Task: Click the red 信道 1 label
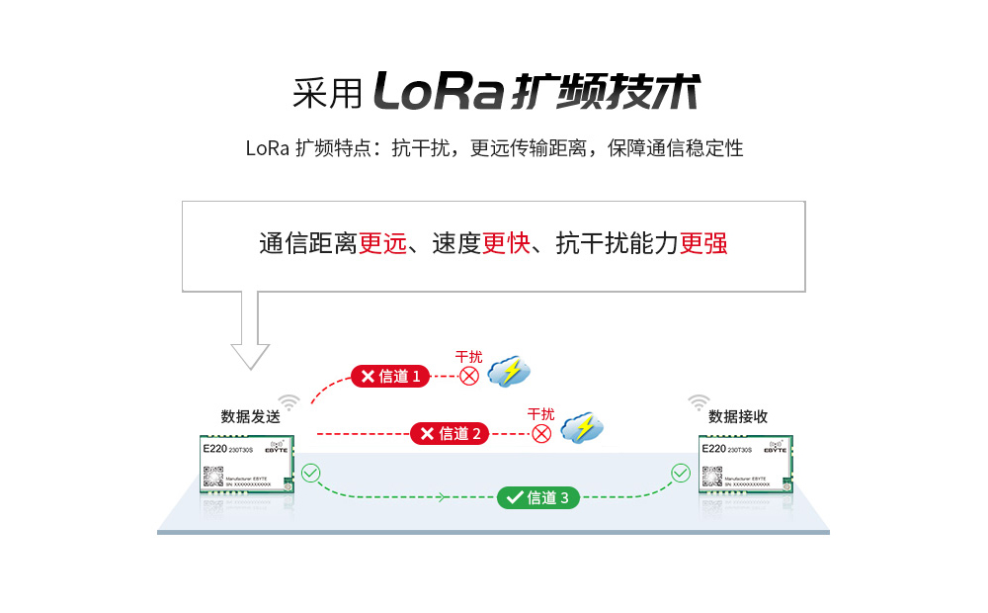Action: click(x=390, y=376)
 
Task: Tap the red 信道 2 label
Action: click(x=450, y=433)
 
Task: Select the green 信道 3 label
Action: click(x=537, y=498)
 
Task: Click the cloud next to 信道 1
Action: click(x=510, y=371)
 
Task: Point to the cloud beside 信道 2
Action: click(x=582, y=428)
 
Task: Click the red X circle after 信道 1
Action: click(x=469, y=376)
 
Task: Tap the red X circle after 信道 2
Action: click(x=541, y=433)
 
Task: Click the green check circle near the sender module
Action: click(x=311, y=474)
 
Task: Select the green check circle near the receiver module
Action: click(x=681, y=474)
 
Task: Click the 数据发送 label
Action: click(x=250, y=416)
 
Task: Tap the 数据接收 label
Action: click(x=738, y=416)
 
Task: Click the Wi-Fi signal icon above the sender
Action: click(x=288, y=402)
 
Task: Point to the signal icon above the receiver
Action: click(x=699, y=402)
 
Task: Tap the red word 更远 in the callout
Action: click(x=382, y=244)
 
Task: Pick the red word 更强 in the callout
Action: click(x=703, y=244)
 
